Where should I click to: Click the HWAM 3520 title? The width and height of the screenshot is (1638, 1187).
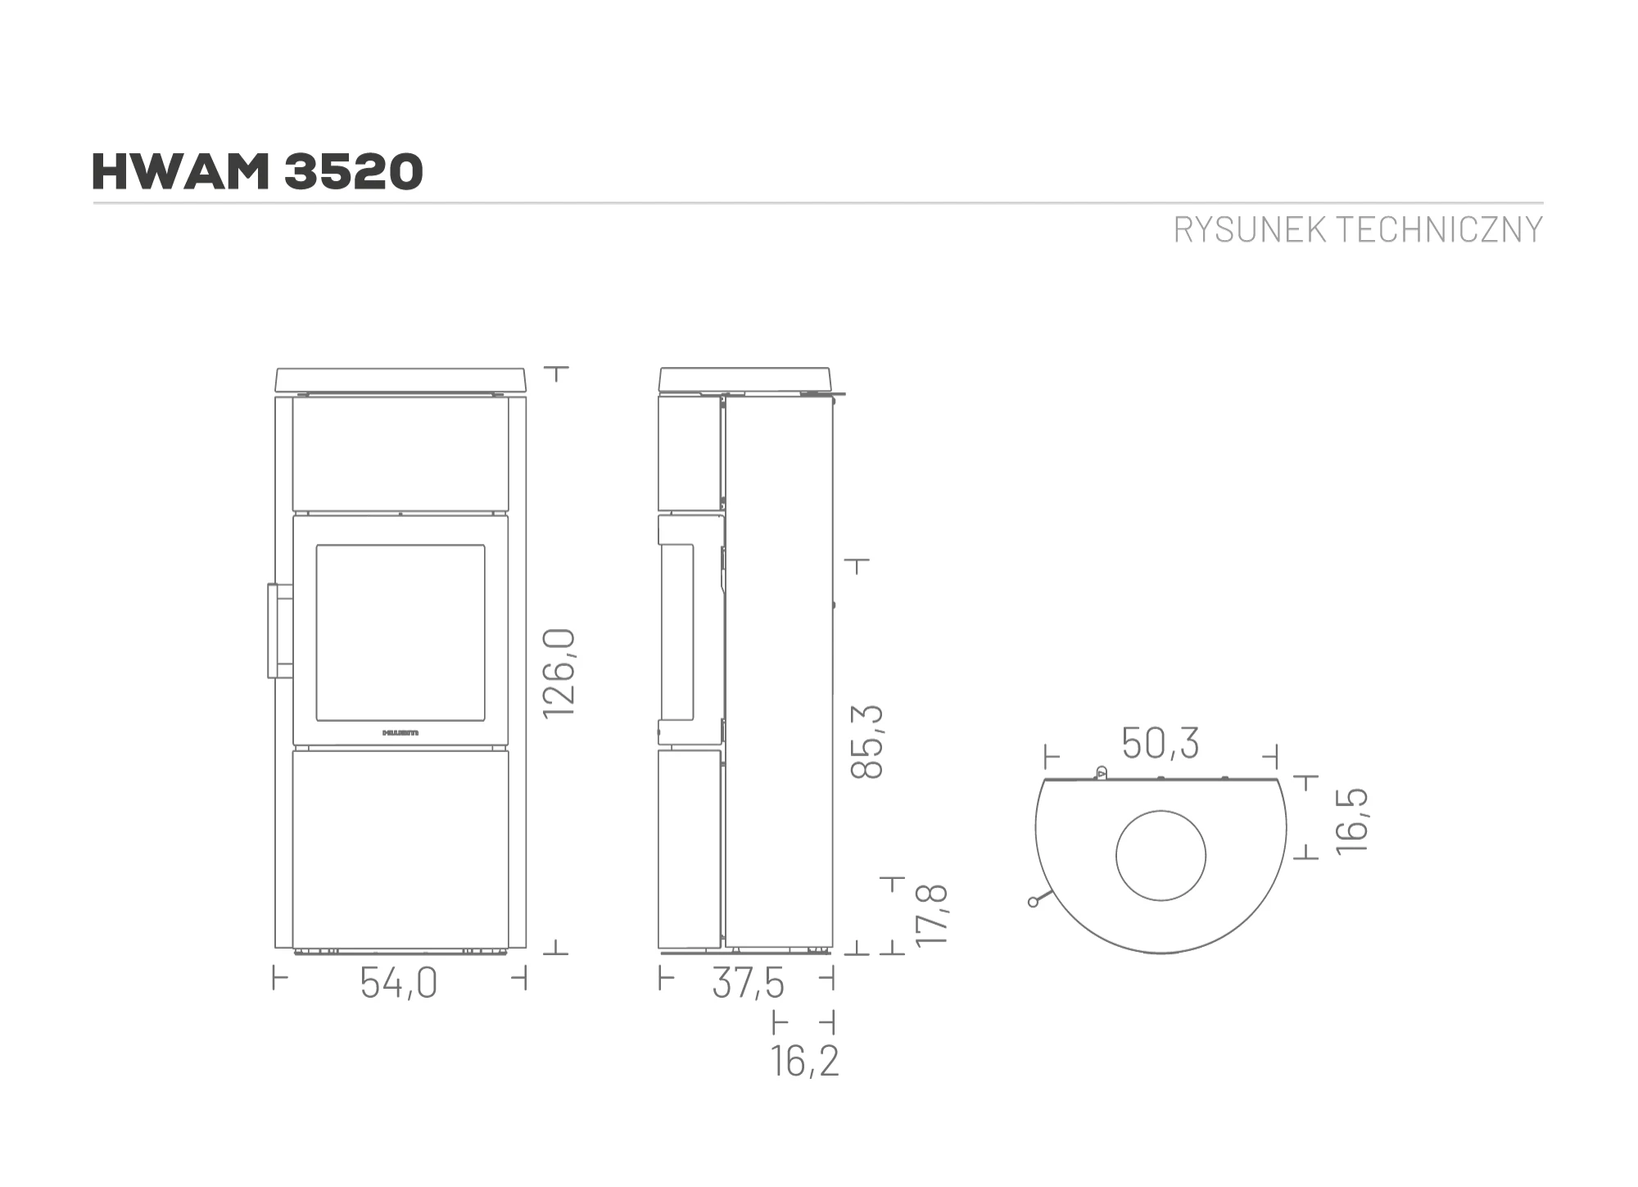click(x=257, y=172)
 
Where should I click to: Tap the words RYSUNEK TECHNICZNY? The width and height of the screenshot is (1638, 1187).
click(x=1358, y=230)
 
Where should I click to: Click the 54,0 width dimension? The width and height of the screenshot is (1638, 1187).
click(x=399, y=983)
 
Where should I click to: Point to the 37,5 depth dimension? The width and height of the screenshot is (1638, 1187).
click(x=748, y=983)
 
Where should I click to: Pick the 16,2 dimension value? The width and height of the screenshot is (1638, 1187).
click(x=804, y=1062)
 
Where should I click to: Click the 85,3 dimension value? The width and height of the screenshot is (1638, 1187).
click(x=868, y=741)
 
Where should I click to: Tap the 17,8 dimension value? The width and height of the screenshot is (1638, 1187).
click(x=932, y=915)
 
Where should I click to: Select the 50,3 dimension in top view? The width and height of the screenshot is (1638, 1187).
click(x=1160, y=743)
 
